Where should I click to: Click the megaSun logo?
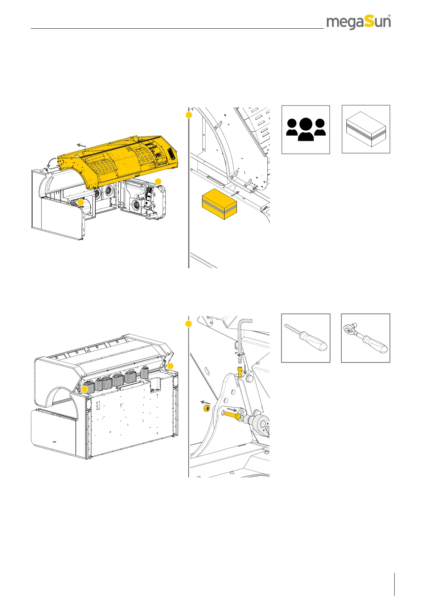click(x=358, y=22)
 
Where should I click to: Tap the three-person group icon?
click(x=306, y=130)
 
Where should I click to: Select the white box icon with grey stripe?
click(x=366, y=130)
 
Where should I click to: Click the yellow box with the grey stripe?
click(x=219, y=205)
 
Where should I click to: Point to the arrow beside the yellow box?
click(x=235, y=194)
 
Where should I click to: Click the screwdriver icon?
click(x=306, y=337)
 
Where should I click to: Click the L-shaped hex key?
click(x=244, y=336)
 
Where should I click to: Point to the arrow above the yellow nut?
click(x=206, y=402)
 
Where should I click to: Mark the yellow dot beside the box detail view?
click(x=189, y=115)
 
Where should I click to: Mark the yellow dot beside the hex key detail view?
click(x=189, y=324)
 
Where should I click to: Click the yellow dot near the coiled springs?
click(x=85, y=389)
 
